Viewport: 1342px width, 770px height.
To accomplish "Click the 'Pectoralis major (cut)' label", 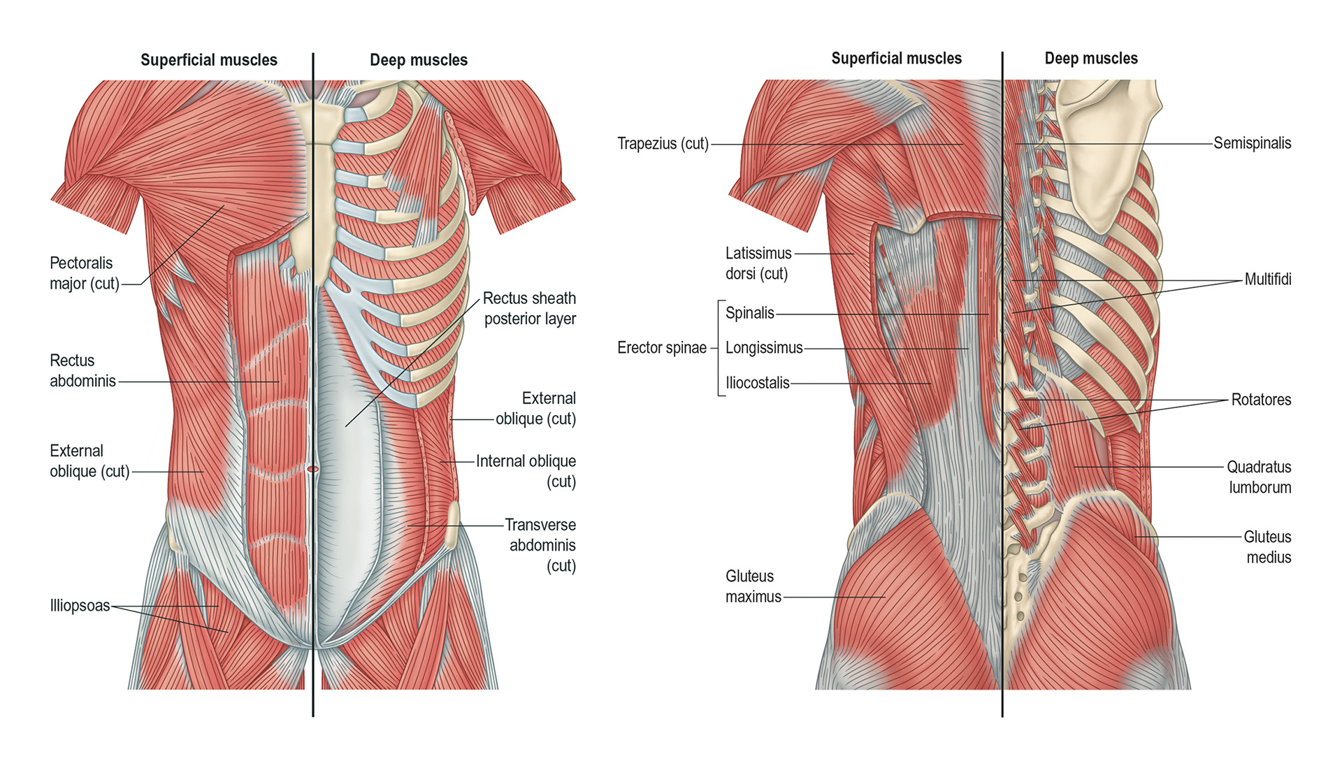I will pyautogui.click(x=84, y=273).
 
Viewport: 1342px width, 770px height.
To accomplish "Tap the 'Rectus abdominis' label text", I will pyautogui.click(x=82, y=370).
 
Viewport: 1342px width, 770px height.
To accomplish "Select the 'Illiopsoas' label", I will pyautogui.click(x=80, y=606).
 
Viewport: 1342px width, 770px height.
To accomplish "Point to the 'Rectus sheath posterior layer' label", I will pyautogui.click(x=530, y=308).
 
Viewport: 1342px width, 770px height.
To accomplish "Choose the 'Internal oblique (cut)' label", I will pyautogui.click(x=526, y=471).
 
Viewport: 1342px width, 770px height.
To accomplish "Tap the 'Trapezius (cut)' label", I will pyautogui.click(x=663, y=144).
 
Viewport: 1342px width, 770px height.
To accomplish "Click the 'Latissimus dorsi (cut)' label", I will pyautogui.click(x=758, y=263).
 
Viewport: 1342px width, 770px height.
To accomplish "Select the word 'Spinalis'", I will pyautogui.click(x=749, y=313).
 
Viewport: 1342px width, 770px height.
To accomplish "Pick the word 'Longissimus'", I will pyautogui.click(x=764, y=348).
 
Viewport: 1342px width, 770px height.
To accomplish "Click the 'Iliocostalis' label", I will pyautogui.click(x=757, y=383).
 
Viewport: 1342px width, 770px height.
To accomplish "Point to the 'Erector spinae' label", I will pyautogui.click(x=661, y=348).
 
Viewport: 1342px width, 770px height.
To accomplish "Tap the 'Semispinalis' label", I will pyautogui.click(x=1252, y=143).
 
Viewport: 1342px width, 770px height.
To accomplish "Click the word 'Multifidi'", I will pyautogui.click(x=1267, y=279).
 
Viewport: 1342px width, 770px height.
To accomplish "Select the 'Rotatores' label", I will pyautogui.click(x=1261, y=400).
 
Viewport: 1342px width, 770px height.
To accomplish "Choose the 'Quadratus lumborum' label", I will pyautogui.click(x=1260, y=477).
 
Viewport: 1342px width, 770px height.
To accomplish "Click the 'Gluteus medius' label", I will pyautogui.click(x=1267, y=547).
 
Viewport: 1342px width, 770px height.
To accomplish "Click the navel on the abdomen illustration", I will pyautogui.click(x=312, y=469).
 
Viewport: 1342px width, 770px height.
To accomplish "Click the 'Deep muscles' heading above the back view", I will pyautogui.click(x=1090, y=59).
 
